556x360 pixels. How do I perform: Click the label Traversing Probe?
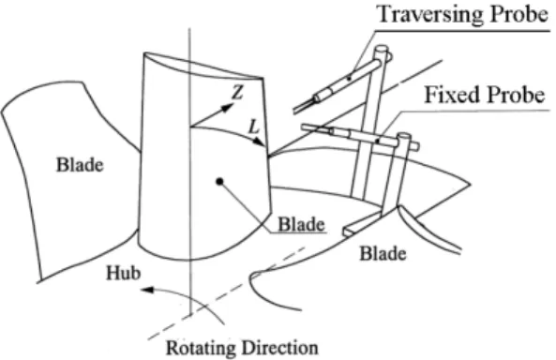coord(464,14)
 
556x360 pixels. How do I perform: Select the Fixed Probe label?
coord(485,95)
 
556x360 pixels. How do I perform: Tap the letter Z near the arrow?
coord(237,93)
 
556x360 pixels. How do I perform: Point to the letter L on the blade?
coord(254,127)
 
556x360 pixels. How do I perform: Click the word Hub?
coord(124,273)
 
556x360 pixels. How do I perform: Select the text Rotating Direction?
coord(242,348)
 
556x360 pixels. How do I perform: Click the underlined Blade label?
coord(301,224)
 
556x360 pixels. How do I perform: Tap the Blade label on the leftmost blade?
coord(80,165)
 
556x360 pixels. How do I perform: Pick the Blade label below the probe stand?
coord(383,254)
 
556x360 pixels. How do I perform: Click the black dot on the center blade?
coord(219,182)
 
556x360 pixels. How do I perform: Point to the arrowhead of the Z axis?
coord(228,107)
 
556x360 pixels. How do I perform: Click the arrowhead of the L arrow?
coord(261,142)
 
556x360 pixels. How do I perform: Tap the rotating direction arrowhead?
coord(147,290)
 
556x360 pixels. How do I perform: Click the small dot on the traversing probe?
coord(350,78)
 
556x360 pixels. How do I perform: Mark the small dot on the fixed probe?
coord(378,142)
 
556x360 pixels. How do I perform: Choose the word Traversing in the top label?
coord(429,14)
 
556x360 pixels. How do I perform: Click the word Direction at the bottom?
coord(279,348)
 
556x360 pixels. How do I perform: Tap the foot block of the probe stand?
coord(362,224)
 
